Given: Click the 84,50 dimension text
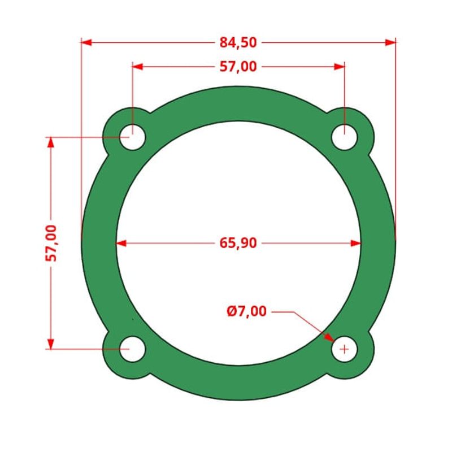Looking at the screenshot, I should pyautogui.click(x=238, y=42).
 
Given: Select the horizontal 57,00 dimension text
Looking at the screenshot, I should pyautogui.click(x=238, y=67).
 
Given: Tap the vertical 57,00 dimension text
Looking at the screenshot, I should pyautogui.click(x=51, y=243).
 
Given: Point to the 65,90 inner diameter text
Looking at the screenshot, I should pyautogui.click(x=238, y=244).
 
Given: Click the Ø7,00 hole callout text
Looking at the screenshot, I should pyautogui.click(x=247, y=311).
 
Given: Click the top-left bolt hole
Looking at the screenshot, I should pyautogui.click(x=133, y=137).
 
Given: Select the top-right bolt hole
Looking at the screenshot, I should pyautogui.click(x=344, y=137).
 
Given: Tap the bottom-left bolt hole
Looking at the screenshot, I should pyautogui.click(x=133, y=349).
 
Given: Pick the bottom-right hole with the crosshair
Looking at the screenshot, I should pyautogui.click(x=344, y=349).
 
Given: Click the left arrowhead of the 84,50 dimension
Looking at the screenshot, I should pyautogui.click(x=86, y=42).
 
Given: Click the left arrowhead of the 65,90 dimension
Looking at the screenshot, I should pyautogui.click(x=121, y=244).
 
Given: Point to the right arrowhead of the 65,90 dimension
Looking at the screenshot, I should pyautogui.click(x=356, y=244).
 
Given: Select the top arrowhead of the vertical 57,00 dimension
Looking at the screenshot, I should pyautogui.click(x=51, y=142).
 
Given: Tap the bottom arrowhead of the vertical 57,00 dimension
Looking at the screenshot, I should pyautogui.click(x=51, y=344).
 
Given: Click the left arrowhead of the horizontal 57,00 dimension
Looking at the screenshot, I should pyautogui.click(x=137, y=67).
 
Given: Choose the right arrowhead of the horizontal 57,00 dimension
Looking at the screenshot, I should pyautogui.click(x=340, y=67).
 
